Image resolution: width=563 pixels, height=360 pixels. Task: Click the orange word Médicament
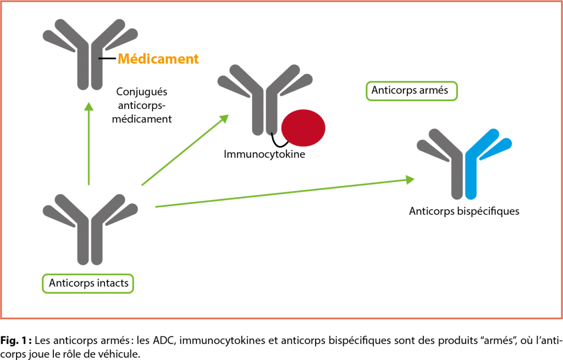coord(158,58)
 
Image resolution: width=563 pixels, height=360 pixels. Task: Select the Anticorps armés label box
coord(411,91)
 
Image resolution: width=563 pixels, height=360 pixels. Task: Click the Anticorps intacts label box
coord(89,284)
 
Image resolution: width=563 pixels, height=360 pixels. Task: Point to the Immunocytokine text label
coord(264,154)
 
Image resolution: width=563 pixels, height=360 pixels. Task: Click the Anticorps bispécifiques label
coord(464,211)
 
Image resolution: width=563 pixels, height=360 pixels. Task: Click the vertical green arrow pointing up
coord(89,143)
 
